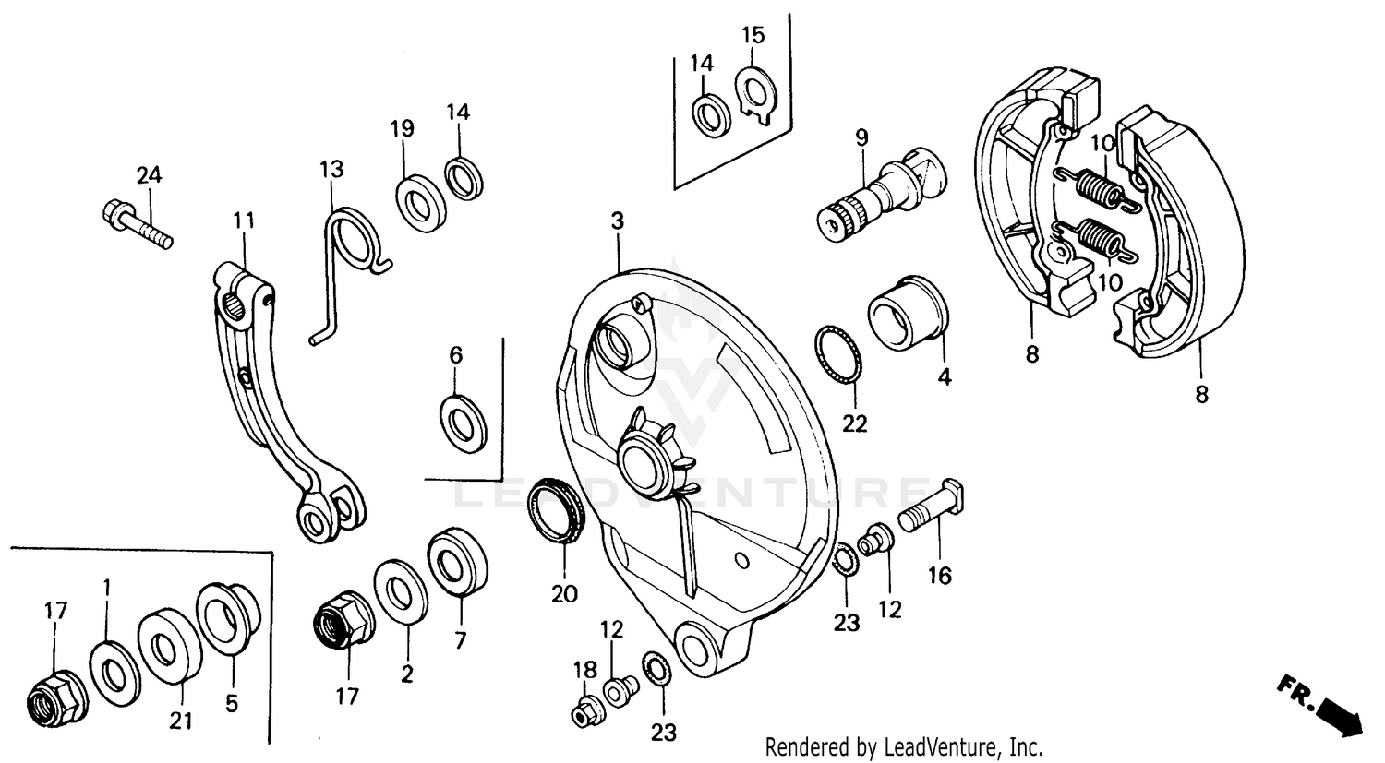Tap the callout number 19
tap(402, 129)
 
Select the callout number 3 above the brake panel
tap(617, 221)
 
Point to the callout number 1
tap(107, 587)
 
